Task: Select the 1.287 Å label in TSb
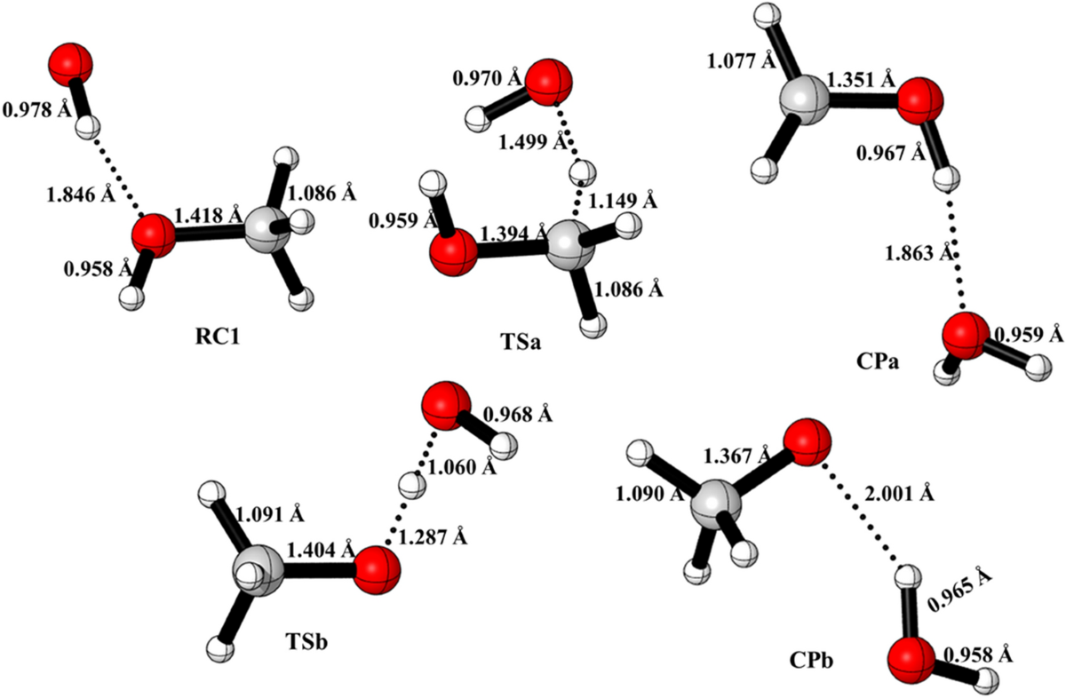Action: click(430, 538)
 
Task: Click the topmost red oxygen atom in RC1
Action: click(70, 69)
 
